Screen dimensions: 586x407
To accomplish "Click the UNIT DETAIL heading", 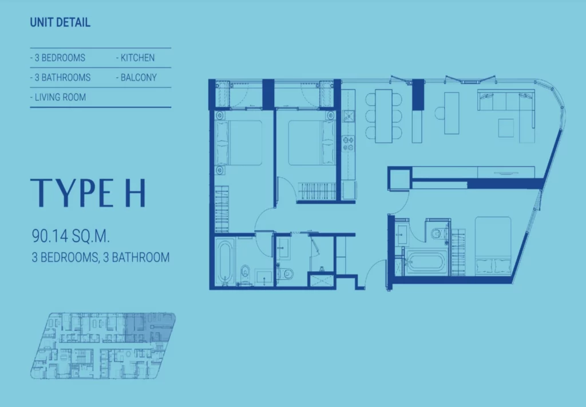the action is click(60, 22).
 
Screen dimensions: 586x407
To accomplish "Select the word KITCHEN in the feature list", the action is click(137, 58).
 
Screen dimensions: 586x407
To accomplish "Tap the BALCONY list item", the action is click(138, 77).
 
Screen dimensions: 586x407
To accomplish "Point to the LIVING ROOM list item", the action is click(60, 97).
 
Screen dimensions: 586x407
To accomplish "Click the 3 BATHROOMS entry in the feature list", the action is click(62, 77).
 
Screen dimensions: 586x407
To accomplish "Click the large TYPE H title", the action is click(88, 193).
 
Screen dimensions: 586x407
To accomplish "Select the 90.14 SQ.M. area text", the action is click(70, 236).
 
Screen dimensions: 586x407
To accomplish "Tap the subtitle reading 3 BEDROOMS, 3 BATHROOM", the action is click(101, 257).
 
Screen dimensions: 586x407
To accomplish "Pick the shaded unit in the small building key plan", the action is click(149, 327).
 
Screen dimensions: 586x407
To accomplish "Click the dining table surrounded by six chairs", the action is click(384, 116).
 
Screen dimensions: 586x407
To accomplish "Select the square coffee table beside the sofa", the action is click(506, 128).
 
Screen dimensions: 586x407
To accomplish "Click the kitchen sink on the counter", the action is click(349, 116).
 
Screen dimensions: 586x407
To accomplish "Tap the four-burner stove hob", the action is click(349, 144).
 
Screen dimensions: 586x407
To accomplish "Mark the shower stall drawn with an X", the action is click(322, 280).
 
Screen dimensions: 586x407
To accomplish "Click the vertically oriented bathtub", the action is click(225, 262).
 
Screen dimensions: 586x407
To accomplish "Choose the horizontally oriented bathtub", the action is click(426, 262).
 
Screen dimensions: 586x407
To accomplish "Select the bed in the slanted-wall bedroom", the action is click(493, 246).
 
